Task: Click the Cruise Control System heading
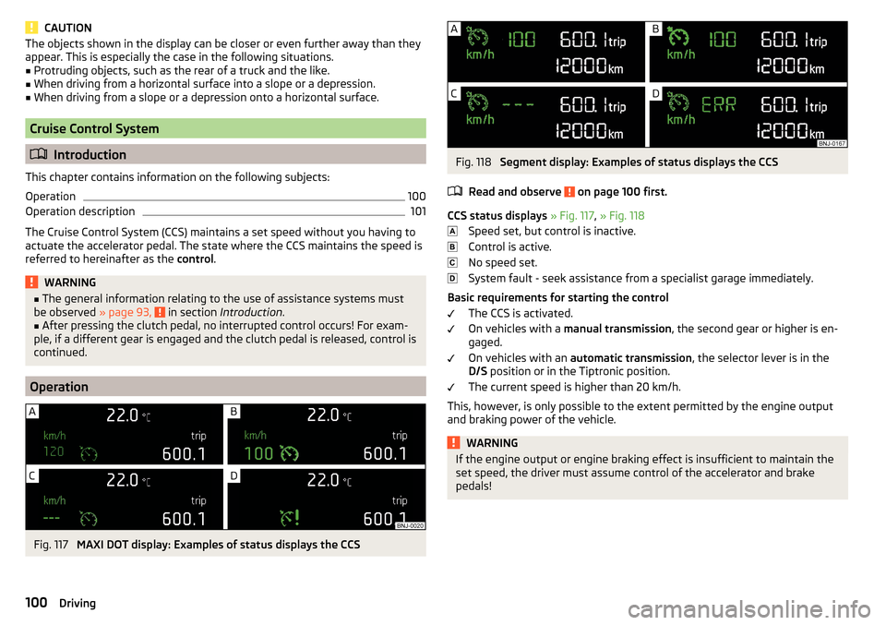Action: pyautogui.click(x=94, y=129)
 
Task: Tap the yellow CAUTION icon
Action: pyautogui.click(x=31, y=27)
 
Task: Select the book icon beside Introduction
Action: pyautogui.click(x=39, y=154)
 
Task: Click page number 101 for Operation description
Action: pyautogui.click(x=417, y=211)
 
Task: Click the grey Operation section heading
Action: pyautogui.click(x=59, y=387)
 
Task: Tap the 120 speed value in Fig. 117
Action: pyautogui.click(x=54, y=451)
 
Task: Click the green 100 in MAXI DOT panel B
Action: pyautogui.click(x=258, y=453)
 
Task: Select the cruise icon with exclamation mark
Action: pyautogui.click(x=289, y=517)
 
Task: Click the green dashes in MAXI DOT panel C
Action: pyautogui.click(x=52, y=518)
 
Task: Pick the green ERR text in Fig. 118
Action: pyautogui.click(x=719, y=104)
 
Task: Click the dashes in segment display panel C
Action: pyautogui.click(x=518, y=104)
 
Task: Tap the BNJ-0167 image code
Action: pyautogui.click(x=832, y=143)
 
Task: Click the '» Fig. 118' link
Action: pyautogui.click(x=622, y=216)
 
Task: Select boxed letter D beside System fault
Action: pyautogui.click(x=452, y=278)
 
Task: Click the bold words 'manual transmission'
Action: pyautogui.click(x=617, y=329)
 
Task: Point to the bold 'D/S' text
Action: pyautogui.click(x=477, y=371)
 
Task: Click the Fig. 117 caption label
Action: pyautogui.click(x=51, y=545)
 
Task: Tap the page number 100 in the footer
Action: pyautogui.click(x=36, y=603)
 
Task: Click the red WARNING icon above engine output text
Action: pyautogui.click(x=453, y=442)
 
